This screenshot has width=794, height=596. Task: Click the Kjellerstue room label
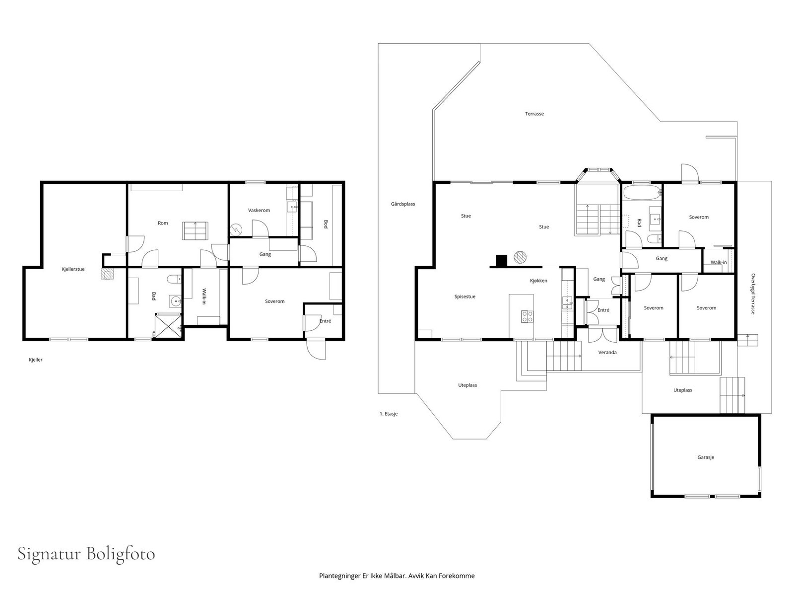73,269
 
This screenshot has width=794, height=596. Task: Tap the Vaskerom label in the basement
259,210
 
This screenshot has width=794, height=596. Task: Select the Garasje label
706,457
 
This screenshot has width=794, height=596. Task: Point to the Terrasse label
534,114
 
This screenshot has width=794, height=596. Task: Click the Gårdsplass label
403,204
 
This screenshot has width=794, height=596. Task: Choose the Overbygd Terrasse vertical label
753,294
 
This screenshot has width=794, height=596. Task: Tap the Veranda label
607,353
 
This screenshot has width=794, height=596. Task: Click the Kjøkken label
538,281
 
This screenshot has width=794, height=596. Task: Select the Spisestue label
465,297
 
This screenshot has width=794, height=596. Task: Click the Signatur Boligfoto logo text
86,554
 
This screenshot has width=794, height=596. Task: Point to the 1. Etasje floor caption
389,414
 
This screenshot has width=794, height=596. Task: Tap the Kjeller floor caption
35,360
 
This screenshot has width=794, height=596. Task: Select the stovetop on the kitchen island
527,317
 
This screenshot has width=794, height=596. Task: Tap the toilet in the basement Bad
174,279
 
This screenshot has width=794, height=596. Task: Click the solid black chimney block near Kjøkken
501,261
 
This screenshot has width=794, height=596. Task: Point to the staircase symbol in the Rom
196,231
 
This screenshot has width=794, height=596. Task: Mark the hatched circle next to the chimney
520,257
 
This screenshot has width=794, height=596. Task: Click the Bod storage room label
326,224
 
